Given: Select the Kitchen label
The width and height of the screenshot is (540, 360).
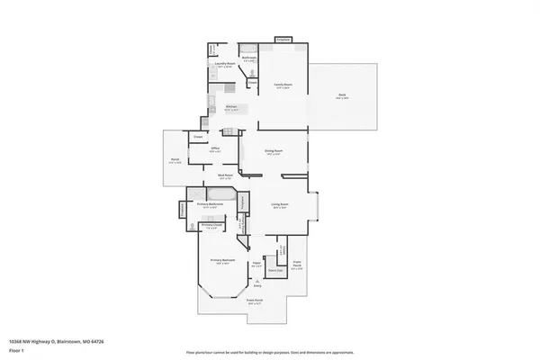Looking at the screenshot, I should tap(231, 107).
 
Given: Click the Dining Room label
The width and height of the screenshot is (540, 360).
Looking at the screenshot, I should tap(274, 151).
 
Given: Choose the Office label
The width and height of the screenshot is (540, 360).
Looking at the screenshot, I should tap(215, 150).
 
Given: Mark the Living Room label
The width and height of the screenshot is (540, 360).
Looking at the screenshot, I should tap(280, 205).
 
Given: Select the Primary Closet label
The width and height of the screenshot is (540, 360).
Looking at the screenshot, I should tap(211, 227).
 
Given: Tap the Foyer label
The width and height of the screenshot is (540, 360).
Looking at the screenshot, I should tap(256, 265).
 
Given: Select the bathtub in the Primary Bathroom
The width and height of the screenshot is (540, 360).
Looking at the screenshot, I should tap(220, 194).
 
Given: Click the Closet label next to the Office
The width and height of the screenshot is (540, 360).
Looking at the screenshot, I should tap(197, 136).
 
